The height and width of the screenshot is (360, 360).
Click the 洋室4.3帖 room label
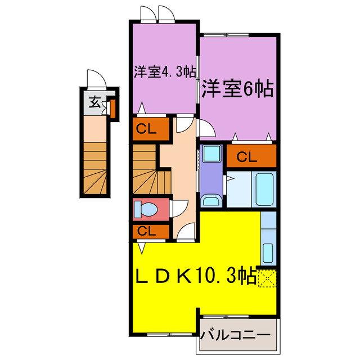pos(164,72)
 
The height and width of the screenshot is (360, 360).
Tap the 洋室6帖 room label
pos(237,88)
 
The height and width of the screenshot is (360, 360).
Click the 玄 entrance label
pos(95,103)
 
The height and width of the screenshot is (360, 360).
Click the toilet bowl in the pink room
pos(146,210)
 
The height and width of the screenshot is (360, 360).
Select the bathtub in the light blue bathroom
pos(264,190)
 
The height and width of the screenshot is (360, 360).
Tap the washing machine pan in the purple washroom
pos(212,154)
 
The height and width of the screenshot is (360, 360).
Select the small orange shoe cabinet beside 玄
pos(112,107)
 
